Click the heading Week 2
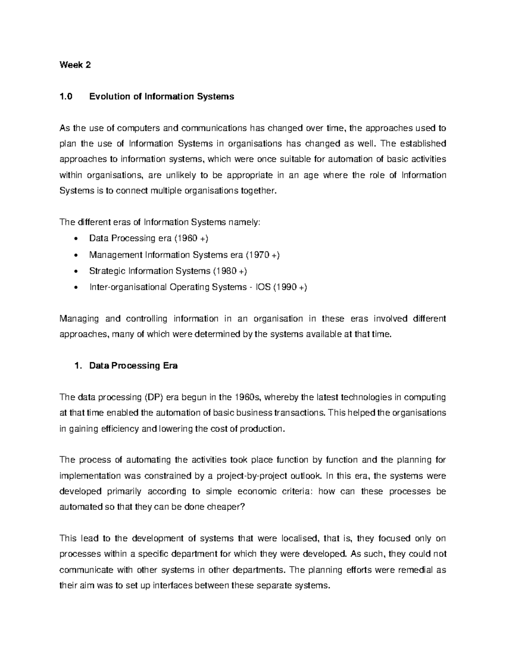pos(75,65)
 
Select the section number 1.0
pos(66,97)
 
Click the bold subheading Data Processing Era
pos(133,366)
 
